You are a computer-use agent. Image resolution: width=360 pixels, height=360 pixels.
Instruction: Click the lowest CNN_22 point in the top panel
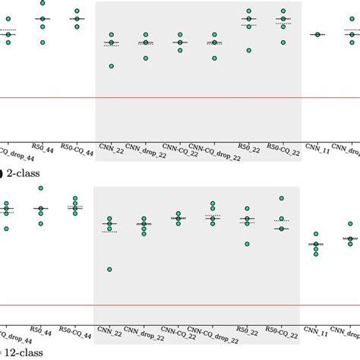point(111,66)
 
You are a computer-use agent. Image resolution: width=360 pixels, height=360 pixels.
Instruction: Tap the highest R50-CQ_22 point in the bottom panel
point(283,199)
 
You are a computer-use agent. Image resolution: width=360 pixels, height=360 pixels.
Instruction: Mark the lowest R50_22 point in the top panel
point(248,50)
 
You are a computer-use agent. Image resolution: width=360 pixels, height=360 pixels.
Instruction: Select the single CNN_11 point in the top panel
point(317,34)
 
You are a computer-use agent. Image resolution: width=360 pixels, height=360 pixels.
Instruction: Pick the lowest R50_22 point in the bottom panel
point(248,244)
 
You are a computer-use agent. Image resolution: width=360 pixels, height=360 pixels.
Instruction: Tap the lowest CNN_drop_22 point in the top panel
point(145,58)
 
